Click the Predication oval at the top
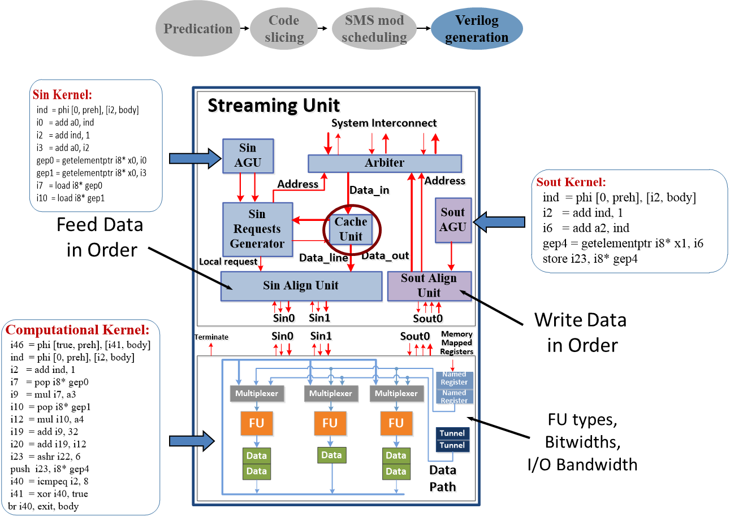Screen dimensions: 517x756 198,29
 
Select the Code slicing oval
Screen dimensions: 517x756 284,29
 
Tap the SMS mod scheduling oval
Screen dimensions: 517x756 374,29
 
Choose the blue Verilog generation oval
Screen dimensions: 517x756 477,29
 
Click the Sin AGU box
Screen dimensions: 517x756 248,155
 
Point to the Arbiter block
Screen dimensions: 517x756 385,163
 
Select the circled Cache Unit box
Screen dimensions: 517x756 351,229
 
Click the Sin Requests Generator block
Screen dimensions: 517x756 257,229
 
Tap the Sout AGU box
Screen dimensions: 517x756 453,220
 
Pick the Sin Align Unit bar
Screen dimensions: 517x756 301,286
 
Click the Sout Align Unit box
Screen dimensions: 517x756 429,285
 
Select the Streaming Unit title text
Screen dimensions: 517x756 275,106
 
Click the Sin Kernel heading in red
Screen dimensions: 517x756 62,94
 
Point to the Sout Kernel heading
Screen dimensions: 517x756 571,182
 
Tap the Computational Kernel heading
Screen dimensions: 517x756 77,329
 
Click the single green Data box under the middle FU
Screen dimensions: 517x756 331,455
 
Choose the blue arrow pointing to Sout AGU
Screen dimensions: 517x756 499,223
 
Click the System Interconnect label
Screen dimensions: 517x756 385,124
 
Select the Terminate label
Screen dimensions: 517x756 213,338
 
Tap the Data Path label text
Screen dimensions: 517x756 444,479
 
